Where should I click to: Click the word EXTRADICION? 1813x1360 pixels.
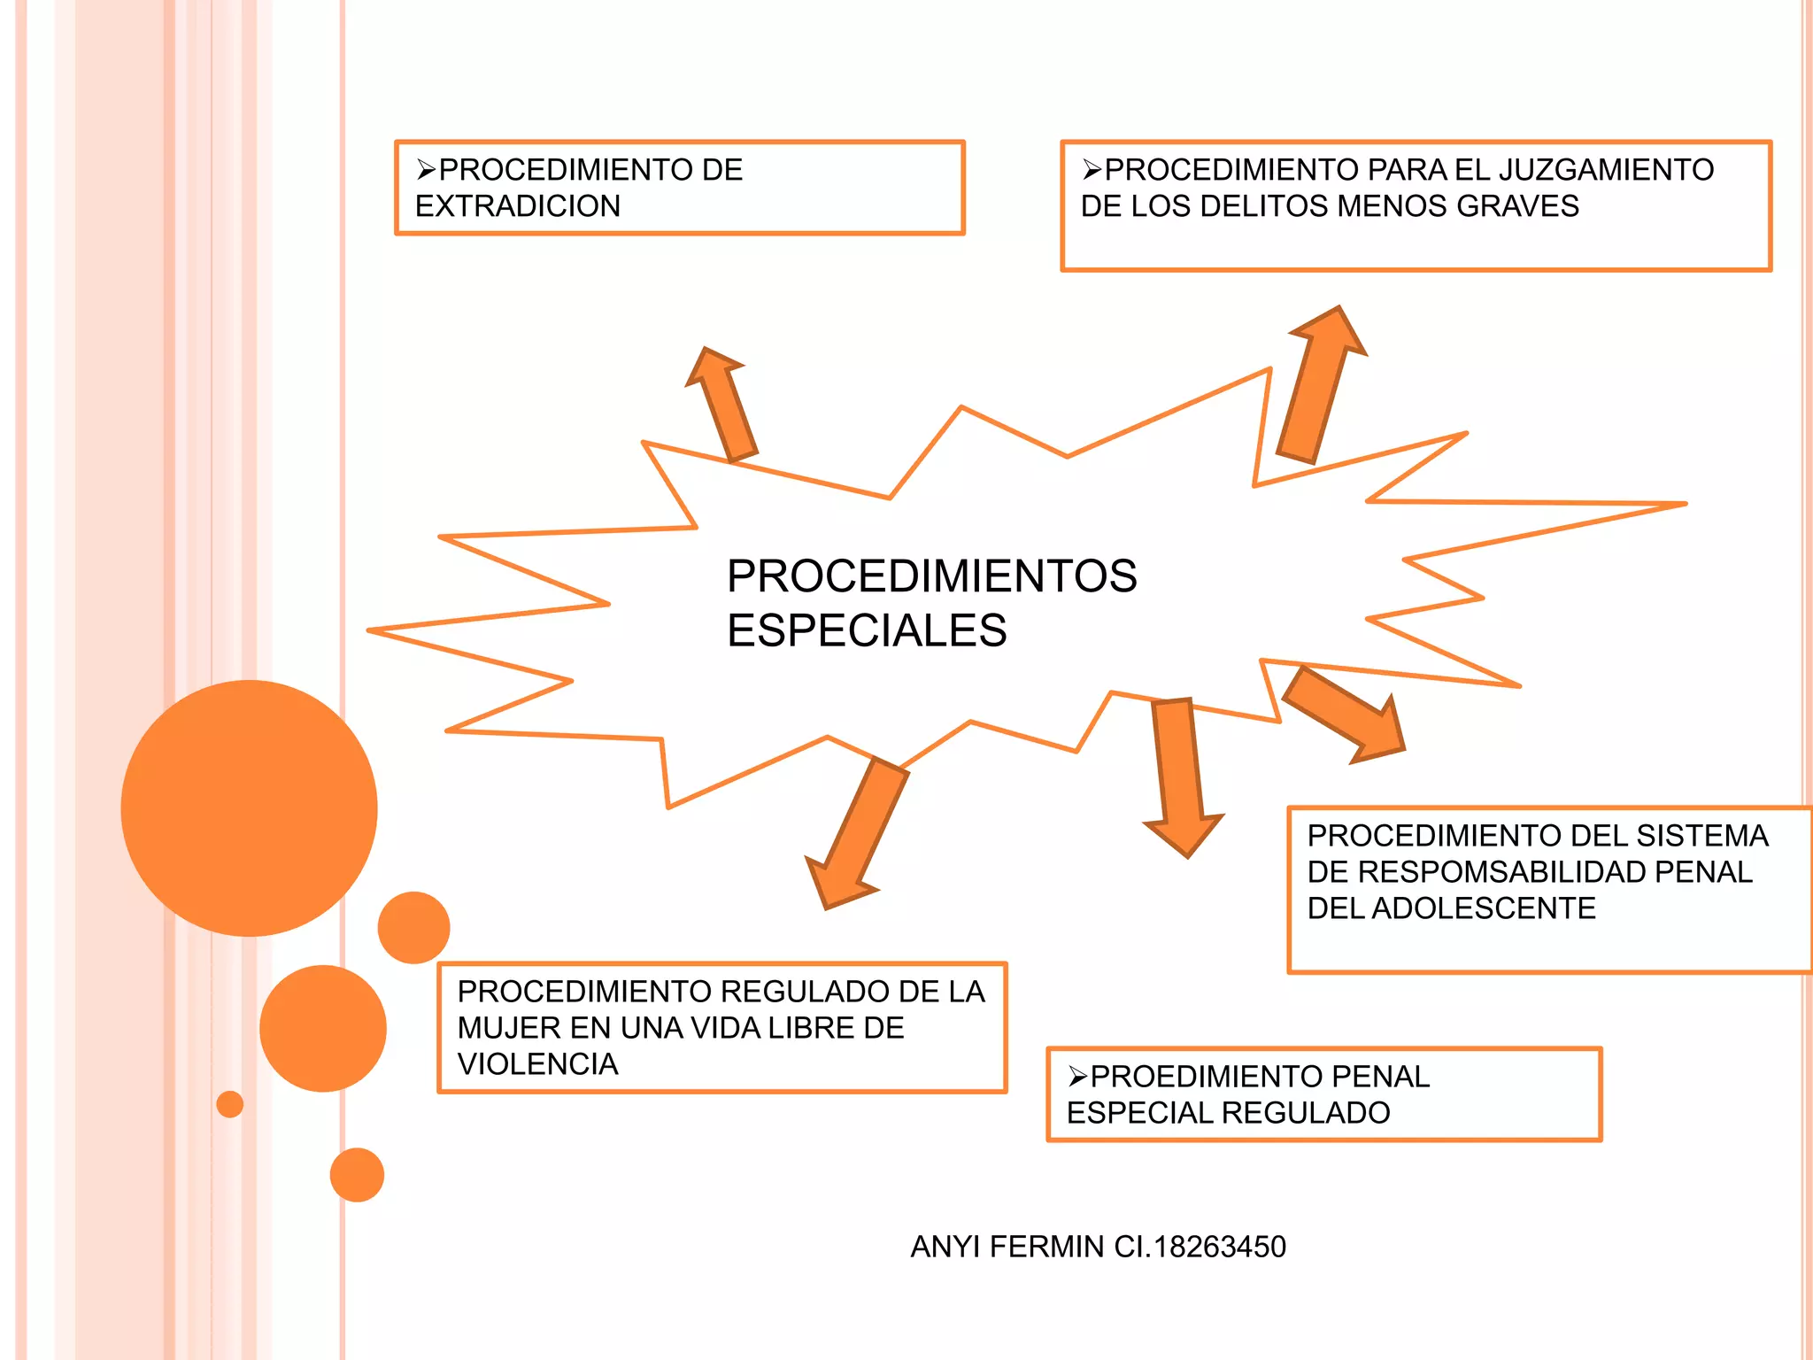point(518,206)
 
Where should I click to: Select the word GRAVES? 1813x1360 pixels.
point(1517,206)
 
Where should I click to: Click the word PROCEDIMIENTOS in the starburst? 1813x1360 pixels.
point(931,576)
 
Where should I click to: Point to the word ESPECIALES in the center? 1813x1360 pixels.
point(867,630)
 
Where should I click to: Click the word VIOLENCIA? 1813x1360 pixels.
point(537,1064)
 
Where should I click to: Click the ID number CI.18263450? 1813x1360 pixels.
point(1200,1247)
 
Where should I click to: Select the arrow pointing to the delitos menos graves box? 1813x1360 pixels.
point(1318,384)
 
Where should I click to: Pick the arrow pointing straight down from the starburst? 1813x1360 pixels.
point(1181,776)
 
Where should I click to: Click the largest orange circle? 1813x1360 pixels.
point(249,807)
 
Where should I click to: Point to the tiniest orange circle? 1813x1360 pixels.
point(230,1104)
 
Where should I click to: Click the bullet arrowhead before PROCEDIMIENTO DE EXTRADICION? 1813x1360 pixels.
point(427,169)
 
